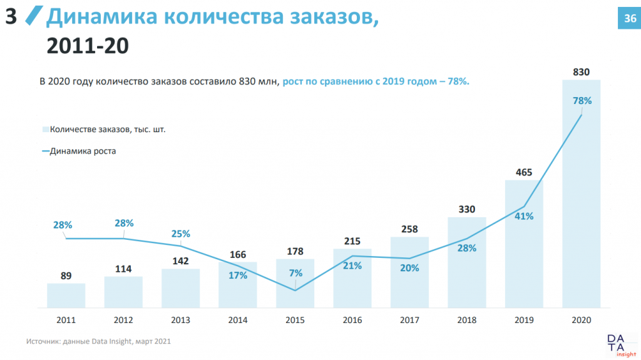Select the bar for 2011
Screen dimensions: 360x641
pyautogui.click(x=66, y=296)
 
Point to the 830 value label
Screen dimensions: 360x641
pyautogui.click(x=582, y=72)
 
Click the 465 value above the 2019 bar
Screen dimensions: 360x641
pyautogui.click(x=524, y=172)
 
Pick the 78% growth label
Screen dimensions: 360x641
pyautogui.click(x=582, y=100)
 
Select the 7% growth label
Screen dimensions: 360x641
pyautogui.click(x=295, y=273)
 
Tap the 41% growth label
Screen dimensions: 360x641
pyautogui.click(x=524, y=216)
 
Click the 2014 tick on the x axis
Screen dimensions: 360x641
pyautogui.click(x=238, y=321)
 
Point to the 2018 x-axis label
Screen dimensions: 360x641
pyautogui.click(x=467, y=321)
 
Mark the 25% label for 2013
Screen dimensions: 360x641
pyautogui.click(x=180, y=234)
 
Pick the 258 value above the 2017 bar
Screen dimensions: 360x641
pyautogui.click(x=409, y=229)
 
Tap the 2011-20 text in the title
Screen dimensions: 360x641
pyautogui.click(x=88, y=46)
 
